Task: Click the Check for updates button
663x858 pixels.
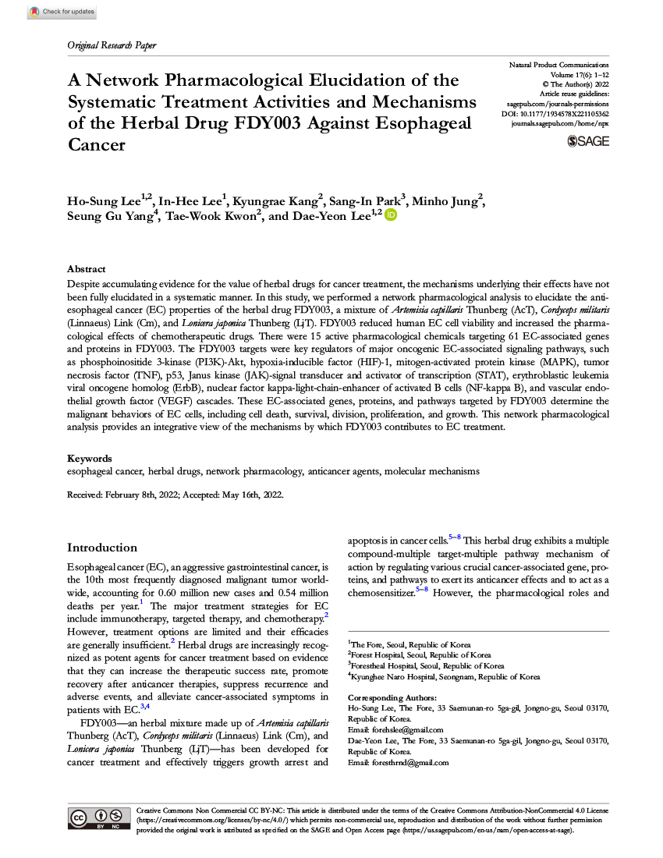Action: coord(62,12)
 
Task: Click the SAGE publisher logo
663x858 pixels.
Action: coord(589,141)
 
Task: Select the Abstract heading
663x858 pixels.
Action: coord(87,267)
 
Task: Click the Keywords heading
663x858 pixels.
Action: coord(89,459)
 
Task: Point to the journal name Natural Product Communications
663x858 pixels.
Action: coord(558,64)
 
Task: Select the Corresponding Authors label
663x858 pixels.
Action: coord(392,697)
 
